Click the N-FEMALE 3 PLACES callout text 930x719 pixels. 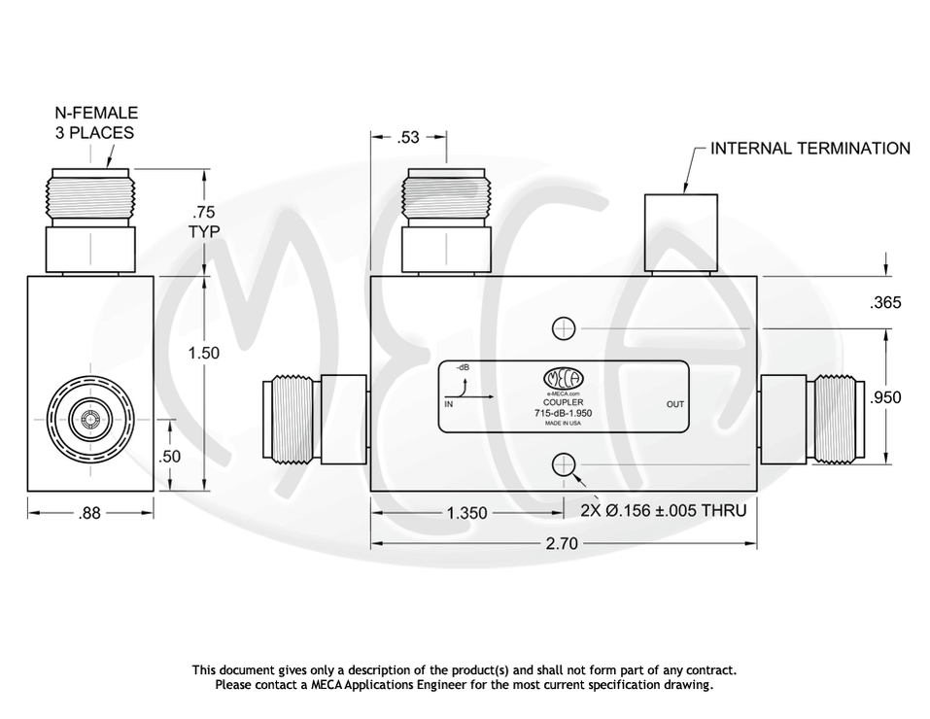click(x=95, y=122)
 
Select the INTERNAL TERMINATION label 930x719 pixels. click(x=810, y=149)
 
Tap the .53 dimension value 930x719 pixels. click(x=409, y=138)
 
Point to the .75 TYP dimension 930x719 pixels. click(x=204, y=222)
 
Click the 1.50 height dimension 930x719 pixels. click(x=203, y=353)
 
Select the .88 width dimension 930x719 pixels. click(x=89, y=514)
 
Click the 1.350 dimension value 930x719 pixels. click(x=466, y=513)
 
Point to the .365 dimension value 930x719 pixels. click(x=885, y=303)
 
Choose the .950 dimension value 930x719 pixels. click(x=885, y=396)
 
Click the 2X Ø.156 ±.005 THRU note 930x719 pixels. click(x=663, y=510)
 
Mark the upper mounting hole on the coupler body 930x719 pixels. click(x=562, y=329)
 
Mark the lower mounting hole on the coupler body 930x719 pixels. click(x=562, y=466)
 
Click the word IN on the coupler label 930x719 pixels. click(x=449, y=403)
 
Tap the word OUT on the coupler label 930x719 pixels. click(x=674, y=404)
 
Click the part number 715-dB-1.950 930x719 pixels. click(x=564, y=413)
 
